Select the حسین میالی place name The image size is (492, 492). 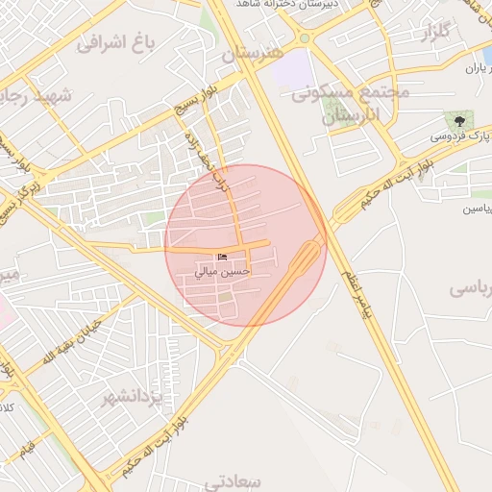coord(223,273)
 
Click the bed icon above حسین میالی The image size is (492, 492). coord(223,258)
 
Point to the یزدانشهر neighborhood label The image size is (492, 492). coord(135,396)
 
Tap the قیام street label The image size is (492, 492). coord(25,448)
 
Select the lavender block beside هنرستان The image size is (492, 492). coord(293,69)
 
